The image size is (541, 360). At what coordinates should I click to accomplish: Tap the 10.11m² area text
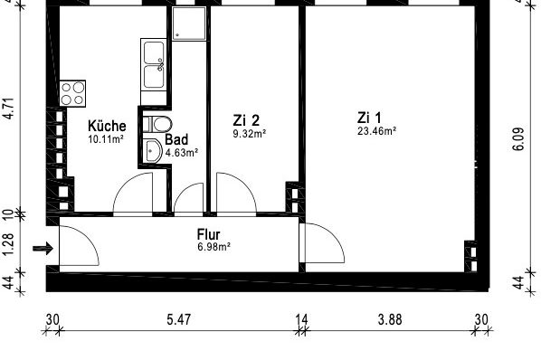[x=106, y=139]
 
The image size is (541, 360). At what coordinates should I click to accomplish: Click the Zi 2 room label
[x=246, y=119]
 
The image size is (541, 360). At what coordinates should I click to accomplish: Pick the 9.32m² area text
[x=249, y=133]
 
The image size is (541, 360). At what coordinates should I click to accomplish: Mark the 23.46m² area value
[x=377, y=130]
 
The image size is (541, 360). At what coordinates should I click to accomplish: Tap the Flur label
[x=209, y=233]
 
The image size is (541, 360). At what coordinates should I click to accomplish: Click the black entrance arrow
[x=41, y=247]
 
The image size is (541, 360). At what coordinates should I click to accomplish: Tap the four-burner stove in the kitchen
[x=72, y=91]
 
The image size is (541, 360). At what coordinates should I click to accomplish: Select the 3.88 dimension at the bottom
[x=391, y=320]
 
